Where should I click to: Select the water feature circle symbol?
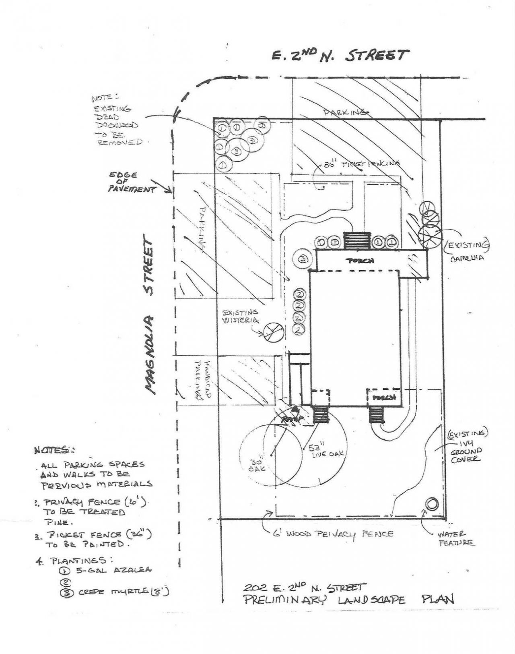[432, 504]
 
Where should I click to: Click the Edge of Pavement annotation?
[131, 182]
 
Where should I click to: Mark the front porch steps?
[356, 241]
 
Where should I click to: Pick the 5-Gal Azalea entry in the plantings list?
[109, 570]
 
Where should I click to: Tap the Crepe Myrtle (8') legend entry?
[115, 592]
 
